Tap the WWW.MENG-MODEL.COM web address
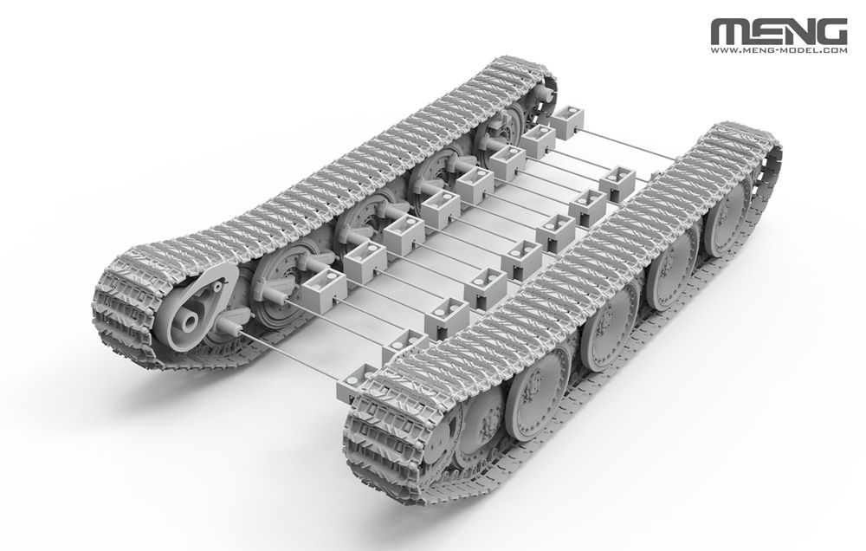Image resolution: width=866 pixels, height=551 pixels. click(x=779, y=51)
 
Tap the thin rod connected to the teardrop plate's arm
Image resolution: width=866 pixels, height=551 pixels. click(x=303, y=354)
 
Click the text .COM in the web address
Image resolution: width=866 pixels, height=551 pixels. click(x=833, y=51)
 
